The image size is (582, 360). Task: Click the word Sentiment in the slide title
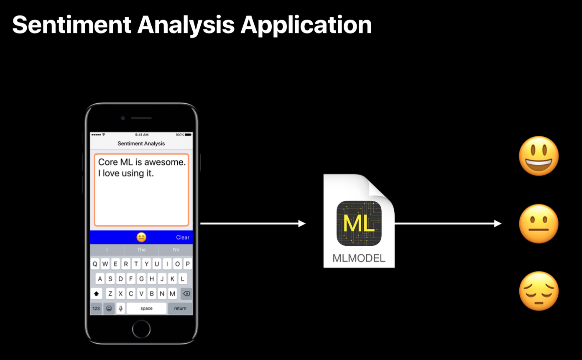pos(71,25)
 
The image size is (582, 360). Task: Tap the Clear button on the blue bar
pos(182,237)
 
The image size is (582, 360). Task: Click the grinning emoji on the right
pos(539,156)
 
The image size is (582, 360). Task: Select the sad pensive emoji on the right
pos(539,291)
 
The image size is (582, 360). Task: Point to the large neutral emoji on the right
pos(539,224)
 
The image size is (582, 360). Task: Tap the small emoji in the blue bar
pos(141,237)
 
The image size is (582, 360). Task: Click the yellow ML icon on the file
pos(359,224)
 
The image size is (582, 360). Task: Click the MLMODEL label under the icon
pos(359,258)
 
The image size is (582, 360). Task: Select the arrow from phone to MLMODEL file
pos(253,224)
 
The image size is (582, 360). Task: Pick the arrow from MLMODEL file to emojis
pos(447,224)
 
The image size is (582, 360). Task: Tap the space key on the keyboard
pos(146,309)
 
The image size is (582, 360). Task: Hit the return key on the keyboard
pos(180,309)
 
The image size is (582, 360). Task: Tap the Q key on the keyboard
pos(95,264)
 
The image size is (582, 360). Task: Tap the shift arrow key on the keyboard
pos(96,294)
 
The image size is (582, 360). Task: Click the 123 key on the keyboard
pos(96,309)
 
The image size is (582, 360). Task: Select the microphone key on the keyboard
pos(121,309)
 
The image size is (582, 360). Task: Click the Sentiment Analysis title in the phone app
pos(141,143)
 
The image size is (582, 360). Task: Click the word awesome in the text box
pos(165,162)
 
